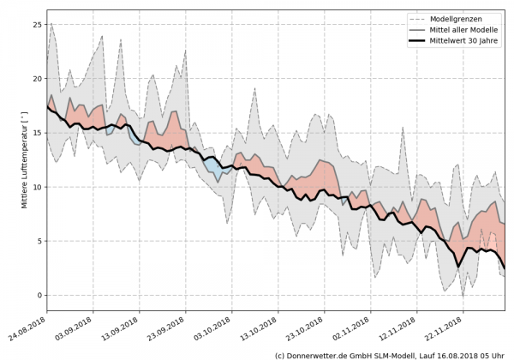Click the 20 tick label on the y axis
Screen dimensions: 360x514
point(36,79)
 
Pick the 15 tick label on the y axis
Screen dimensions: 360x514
point(36,133)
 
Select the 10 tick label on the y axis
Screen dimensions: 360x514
point(36,187)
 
